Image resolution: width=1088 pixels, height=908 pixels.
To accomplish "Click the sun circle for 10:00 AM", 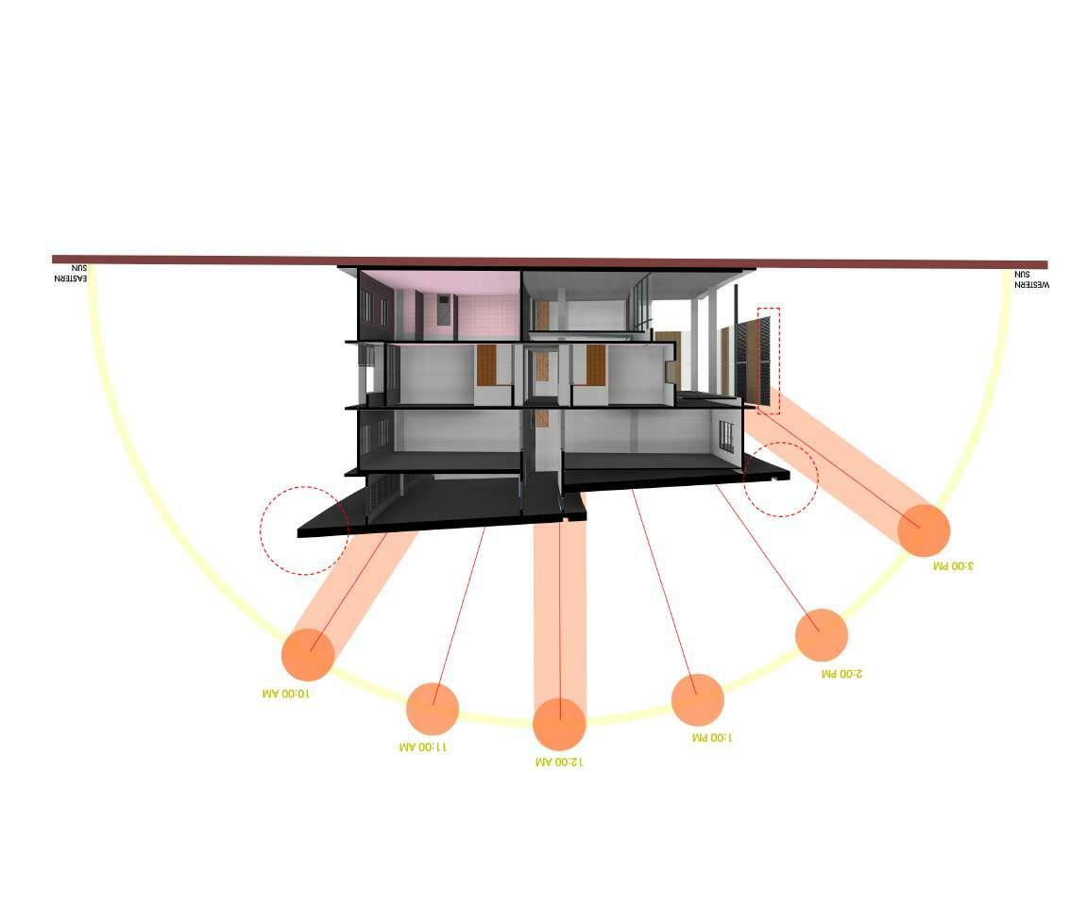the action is (308, 654).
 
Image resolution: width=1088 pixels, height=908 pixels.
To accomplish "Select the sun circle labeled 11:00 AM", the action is (433, 708).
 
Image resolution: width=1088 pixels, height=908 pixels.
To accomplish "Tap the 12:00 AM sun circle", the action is (559, 724).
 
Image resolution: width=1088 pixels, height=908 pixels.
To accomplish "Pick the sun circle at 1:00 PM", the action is (697, 699).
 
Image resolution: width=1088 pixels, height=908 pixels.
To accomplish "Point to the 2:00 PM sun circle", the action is (821, 634).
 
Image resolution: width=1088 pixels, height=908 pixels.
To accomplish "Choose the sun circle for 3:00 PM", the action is (923, 530).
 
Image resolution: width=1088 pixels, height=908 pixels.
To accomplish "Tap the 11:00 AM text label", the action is (422, 747).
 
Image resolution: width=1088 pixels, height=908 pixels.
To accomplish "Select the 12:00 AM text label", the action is (558, 761).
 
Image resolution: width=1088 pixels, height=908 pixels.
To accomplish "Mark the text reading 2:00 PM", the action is (841, 674).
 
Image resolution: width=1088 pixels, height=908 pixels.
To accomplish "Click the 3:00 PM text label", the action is (952, 565).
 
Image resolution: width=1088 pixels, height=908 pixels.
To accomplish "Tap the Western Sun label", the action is (1031, 279).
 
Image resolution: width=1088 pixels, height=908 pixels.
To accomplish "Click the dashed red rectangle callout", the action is (768, 361).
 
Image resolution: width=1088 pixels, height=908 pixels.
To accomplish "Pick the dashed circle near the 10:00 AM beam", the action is (304, 530).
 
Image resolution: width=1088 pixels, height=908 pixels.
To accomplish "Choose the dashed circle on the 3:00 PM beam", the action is (780, 479).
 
